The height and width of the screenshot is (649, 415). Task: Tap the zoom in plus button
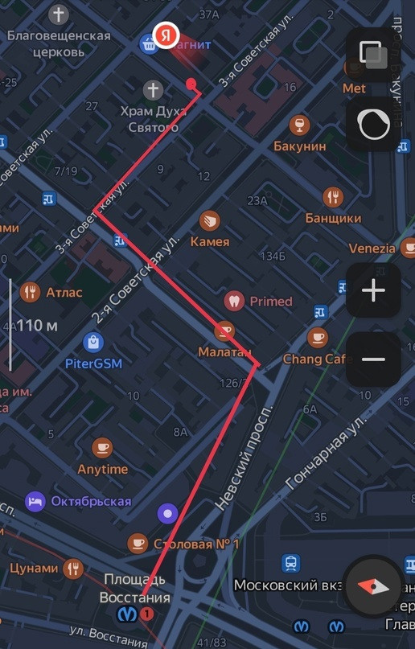pyautogui.click(x=374, y=291)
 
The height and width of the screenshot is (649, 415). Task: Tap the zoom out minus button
pyautogui.click(x=374, y=359)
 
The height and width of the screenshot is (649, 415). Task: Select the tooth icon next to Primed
pyautogui.click(x=234, y=302)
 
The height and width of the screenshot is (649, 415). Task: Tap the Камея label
pyautogui.click(x=210, y=241)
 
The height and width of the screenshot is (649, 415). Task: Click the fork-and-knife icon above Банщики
pyautogui.click(x=333, y=197)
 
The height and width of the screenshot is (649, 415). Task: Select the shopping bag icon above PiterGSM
pyautogui.click(x=94, y=343)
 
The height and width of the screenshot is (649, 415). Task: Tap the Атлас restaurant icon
pyautogui.click(x=31, y=292)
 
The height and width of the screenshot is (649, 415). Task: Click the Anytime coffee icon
pyautogui.click(x=102, y=448)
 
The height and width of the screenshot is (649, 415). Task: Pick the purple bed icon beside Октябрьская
pyautogui.click(x=35, y=501)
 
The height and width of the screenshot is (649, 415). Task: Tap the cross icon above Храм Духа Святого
pyautogui.click(x=152, y=89)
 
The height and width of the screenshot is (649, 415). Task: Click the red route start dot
pyautogui.click(x=191, y=83)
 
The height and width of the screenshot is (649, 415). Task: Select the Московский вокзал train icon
pyautogui.click(x=291, y=564)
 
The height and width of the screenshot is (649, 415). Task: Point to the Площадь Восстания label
pyautogui.click(x=135, y=588)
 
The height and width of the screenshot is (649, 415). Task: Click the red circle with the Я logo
pyautogui.click(x=166, y=35)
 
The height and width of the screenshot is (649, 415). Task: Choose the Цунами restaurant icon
pyautogui.click(x=74, y=568)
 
